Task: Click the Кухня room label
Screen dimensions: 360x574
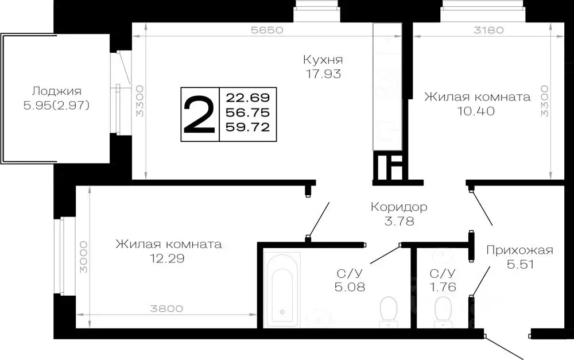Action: (323, 59)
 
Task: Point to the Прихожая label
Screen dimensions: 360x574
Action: (519, 250)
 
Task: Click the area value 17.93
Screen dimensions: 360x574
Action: (323, 73)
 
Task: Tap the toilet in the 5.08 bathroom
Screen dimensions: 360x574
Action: (389, 309)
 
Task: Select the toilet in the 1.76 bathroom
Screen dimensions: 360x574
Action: (443, 309)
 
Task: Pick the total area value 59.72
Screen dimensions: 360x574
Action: (248, 127)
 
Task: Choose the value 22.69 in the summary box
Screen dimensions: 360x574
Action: (248, 96)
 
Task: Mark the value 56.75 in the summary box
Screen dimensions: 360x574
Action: (248, 111)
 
